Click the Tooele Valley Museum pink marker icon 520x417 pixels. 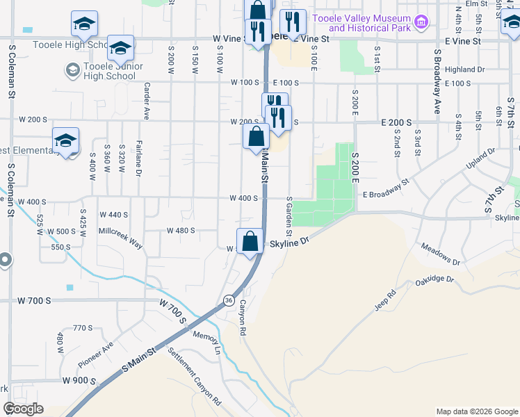[421, 22]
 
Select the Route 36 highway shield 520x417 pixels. [229, 300]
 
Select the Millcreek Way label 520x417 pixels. [120, 238]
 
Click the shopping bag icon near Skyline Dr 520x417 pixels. [250, 241]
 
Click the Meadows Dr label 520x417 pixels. [441, 254]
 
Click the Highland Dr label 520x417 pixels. [464, 69]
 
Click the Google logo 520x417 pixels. [23, 409]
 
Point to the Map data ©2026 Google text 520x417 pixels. [476, 411]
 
